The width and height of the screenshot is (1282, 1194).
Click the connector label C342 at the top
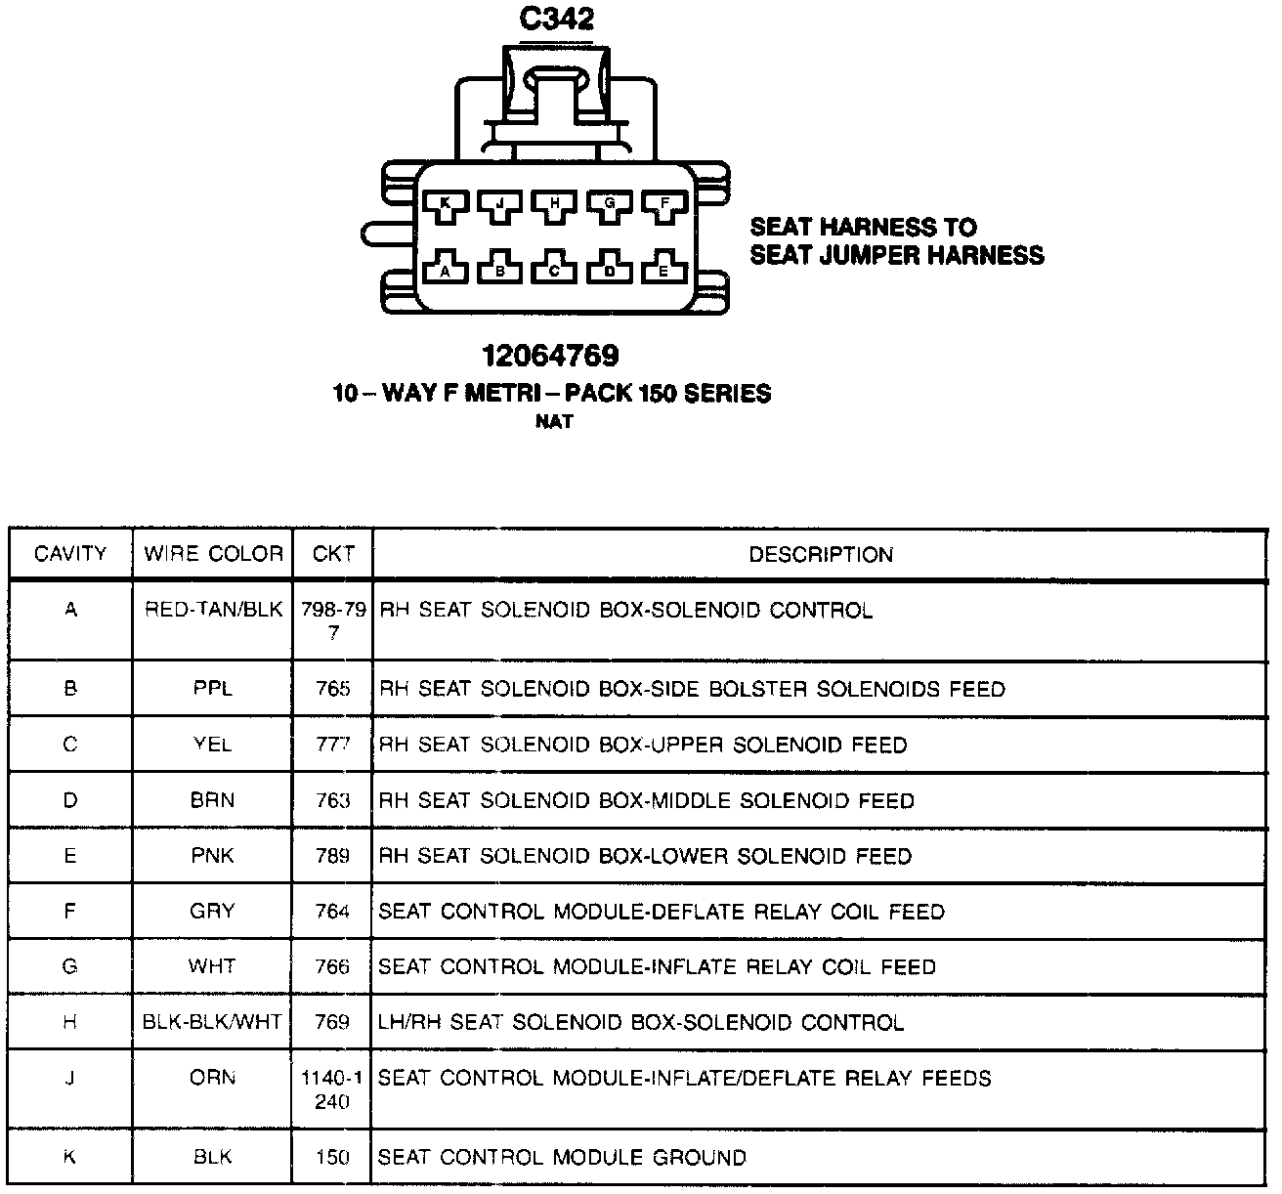[557, 19]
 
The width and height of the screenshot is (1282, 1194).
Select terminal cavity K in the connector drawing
[446, 204]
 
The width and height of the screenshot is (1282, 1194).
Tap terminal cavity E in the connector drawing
[663, 270]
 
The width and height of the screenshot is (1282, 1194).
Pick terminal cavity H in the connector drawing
[555, 204]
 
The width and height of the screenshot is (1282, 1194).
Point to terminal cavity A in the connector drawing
[446, 270]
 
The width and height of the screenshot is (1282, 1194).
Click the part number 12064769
[550, 356]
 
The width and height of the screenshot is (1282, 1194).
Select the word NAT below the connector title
[553, 422]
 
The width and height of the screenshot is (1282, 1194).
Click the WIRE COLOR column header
[213, 554]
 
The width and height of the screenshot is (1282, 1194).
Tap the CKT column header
[333, 554]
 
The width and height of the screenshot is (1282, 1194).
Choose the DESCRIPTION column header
[821, 555]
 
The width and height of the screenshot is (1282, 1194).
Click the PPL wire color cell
[213, 689]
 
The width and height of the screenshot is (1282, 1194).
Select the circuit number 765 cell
[333, 689]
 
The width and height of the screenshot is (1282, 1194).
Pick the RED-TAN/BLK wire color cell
[213, 610]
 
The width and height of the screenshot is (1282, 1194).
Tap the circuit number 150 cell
[333, 1157]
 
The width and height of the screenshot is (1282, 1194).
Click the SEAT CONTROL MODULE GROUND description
[562, 1157]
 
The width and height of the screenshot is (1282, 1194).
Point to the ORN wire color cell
[213, 1078]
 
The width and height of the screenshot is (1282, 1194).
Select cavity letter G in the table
[70, 966]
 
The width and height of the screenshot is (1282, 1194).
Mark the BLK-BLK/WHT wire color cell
[213, 1022]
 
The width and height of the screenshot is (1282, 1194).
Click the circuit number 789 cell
[333, 856]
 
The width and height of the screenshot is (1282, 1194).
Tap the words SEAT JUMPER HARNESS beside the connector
[897, 256]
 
